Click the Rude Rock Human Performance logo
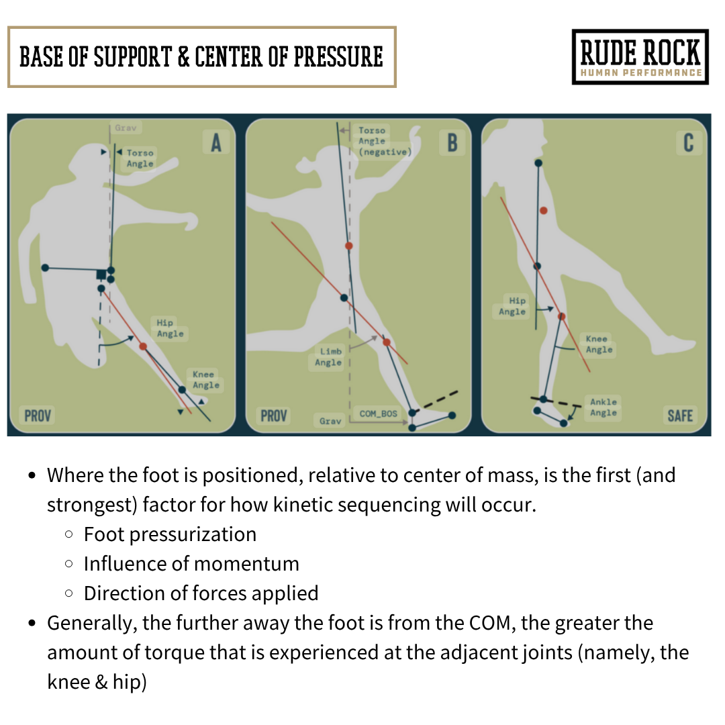(640, 57)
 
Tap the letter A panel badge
(215, 143)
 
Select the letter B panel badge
(452, 143)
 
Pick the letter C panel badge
(688, 143)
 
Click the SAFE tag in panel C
(679, 416)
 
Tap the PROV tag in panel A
(38, 416)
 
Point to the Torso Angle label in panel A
(140, 158)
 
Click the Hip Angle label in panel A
(170, 328)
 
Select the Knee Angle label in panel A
(205, 380)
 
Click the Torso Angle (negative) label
(385, 141)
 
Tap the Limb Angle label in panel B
(328, 357)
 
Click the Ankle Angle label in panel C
(603, 407)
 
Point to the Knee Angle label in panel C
(599, 344)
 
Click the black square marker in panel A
(101, 274)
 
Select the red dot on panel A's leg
(143, 346)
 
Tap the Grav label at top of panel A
(125, 128)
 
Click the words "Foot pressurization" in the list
(170, 534)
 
